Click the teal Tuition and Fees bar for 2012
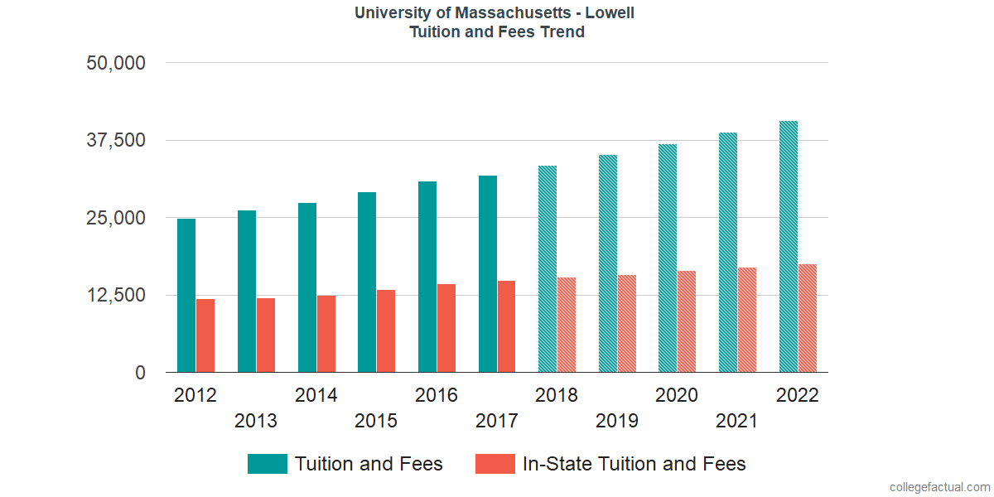coord(186,295)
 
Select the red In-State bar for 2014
coord(326,334)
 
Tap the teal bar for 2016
coord(427,277)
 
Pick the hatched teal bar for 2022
coord(789,247)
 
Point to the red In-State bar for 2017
coord(506,326)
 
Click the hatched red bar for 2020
coord(687,321)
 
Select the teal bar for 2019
coord(608,263)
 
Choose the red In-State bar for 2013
coord(266,335)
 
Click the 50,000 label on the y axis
coord(116,63)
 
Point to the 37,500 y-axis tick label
coord(116,140)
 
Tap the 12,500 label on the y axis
coord(116,296)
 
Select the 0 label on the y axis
coord(141,373)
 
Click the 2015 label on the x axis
coord(376,421)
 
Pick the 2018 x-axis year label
coord(557,395)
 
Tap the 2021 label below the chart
coord(737,421)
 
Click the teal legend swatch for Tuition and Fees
coord(268,464)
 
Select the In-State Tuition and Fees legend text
coord(634,464)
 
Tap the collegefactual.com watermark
coord(939,487)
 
